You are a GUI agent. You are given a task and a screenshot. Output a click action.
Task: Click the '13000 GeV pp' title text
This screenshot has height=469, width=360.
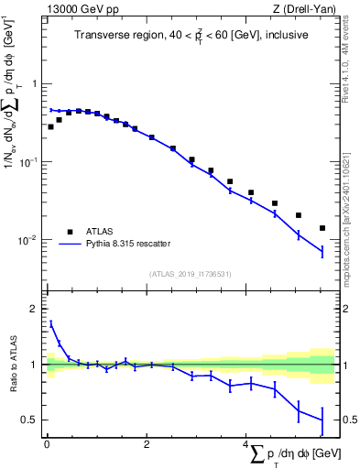click(x=77, y=9)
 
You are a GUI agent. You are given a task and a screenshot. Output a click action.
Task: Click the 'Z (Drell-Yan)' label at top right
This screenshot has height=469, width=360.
click(x=306, y=9)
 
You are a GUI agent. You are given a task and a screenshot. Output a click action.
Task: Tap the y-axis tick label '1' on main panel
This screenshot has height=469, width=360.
click(x=35, y=84)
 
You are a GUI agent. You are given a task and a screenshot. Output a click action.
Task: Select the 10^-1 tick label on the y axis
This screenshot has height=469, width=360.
click(x=29, y=162)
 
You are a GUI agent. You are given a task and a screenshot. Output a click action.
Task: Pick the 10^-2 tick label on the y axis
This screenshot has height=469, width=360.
click(x=29, y=240)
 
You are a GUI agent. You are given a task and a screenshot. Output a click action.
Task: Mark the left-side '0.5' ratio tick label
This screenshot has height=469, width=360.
click(x=31, y=420)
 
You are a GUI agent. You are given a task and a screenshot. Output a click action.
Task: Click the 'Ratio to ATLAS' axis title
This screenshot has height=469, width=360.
click(x=12, y=364)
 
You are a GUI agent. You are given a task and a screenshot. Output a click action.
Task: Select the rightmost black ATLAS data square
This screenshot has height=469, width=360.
click(x=322, y=228)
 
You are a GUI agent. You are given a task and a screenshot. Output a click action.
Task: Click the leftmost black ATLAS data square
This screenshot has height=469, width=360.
click(x=50, y=126)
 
